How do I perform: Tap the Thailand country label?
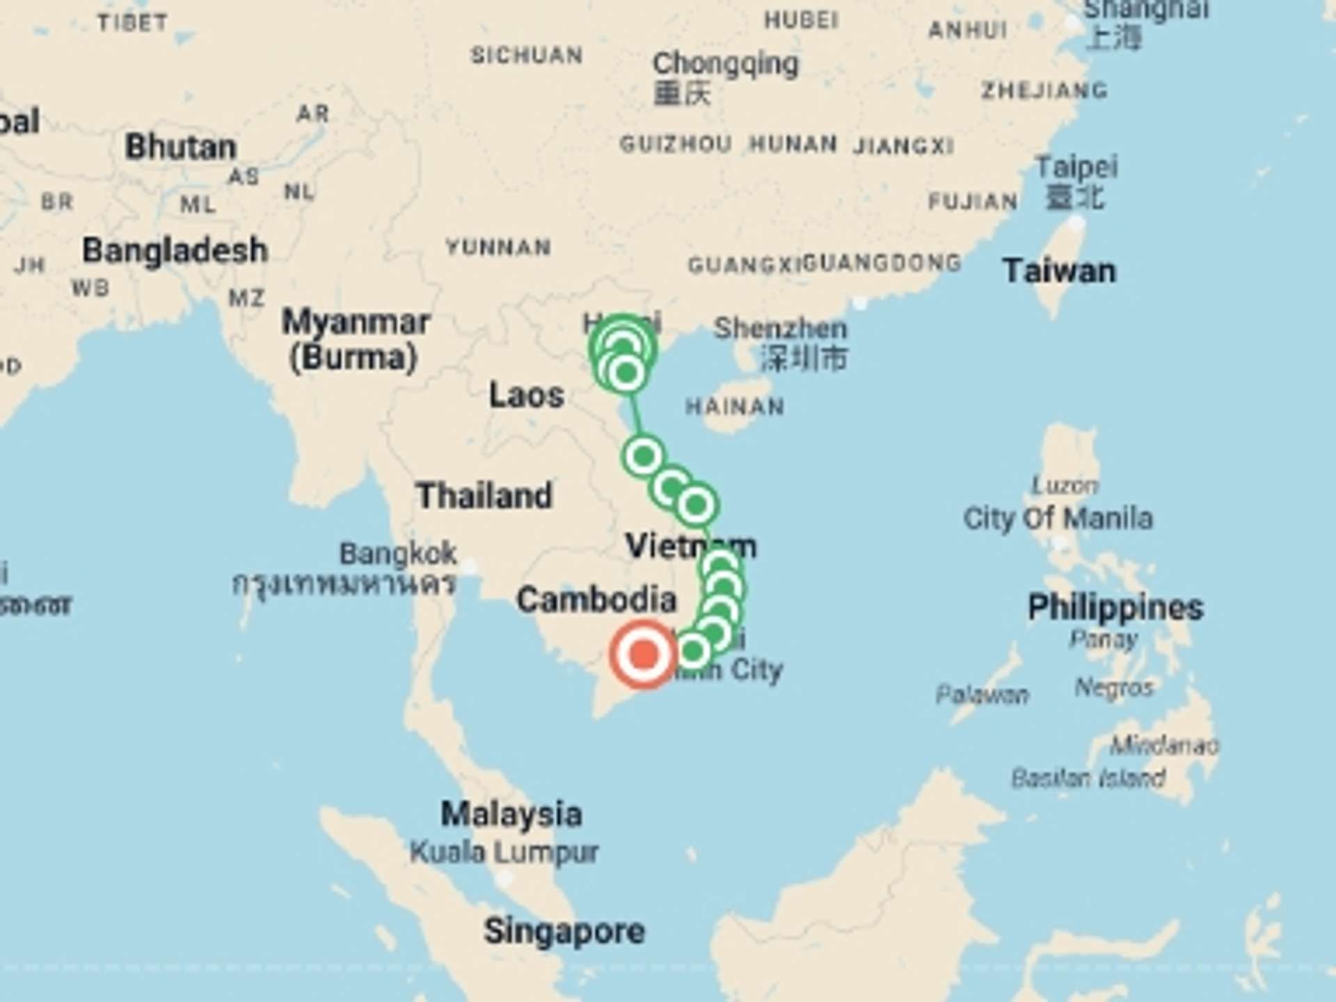coord(484,496)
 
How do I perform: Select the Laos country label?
coord(526,395)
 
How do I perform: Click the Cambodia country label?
coord(596,599)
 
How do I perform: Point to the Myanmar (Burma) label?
coord(356,340)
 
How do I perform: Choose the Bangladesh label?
coord(175,250)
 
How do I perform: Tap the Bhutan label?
coord(181,147)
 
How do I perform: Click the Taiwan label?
coord(1059,271)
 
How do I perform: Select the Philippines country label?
coord(1115,607)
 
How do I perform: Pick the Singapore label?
coord(564,931)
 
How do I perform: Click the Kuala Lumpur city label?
coord(504,852)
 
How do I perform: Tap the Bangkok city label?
coord(398,554)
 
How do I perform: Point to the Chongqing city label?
coord(725,64)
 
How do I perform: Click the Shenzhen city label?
coord(780,328)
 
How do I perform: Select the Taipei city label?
coord(1076,168)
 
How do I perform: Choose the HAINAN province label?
coord(735,406)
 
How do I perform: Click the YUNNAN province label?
coord(498,247)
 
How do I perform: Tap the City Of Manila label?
coord(1058,518)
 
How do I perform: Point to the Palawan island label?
coord(982,694)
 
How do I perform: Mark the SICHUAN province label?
coord(527,55)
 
